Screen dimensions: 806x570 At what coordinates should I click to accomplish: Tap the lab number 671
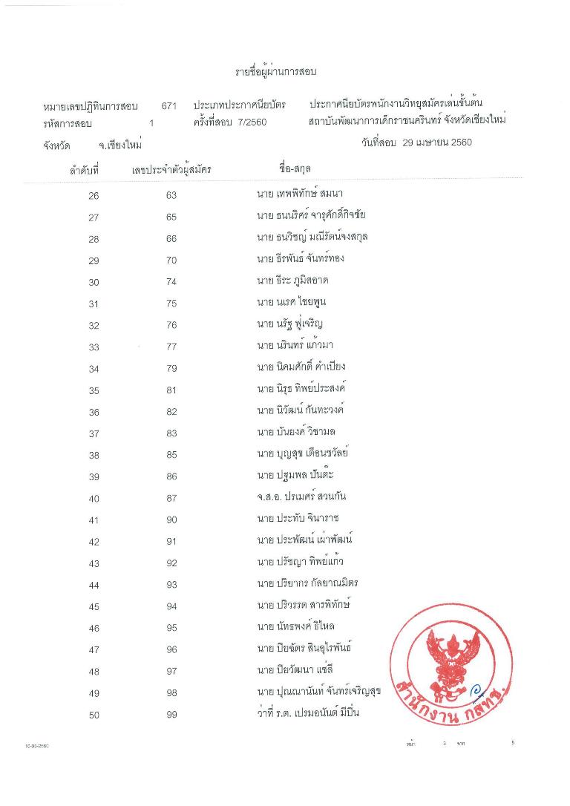(x=169, y=106)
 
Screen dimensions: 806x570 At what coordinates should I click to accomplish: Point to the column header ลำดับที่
(x=84, y=170)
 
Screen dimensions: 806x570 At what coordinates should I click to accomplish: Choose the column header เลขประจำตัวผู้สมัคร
(x=171, y=170)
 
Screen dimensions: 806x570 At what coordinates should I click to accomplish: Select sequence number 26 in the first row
(x=94, y=196)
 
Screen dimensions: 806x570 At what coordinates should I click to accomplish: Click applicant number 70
(x=171, y=261)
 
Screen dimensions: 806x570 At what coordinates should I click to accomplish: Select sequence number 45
(x=94, y=607)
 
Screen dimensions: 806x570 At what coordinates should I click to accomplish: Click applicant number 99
(x=171, y=715)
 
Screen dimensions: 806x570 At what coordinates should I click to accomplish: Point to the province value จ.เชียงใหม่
(x=119, y=145)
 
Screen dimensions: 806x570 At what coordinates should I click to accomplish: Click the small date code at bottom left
(x=37, y=744)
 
